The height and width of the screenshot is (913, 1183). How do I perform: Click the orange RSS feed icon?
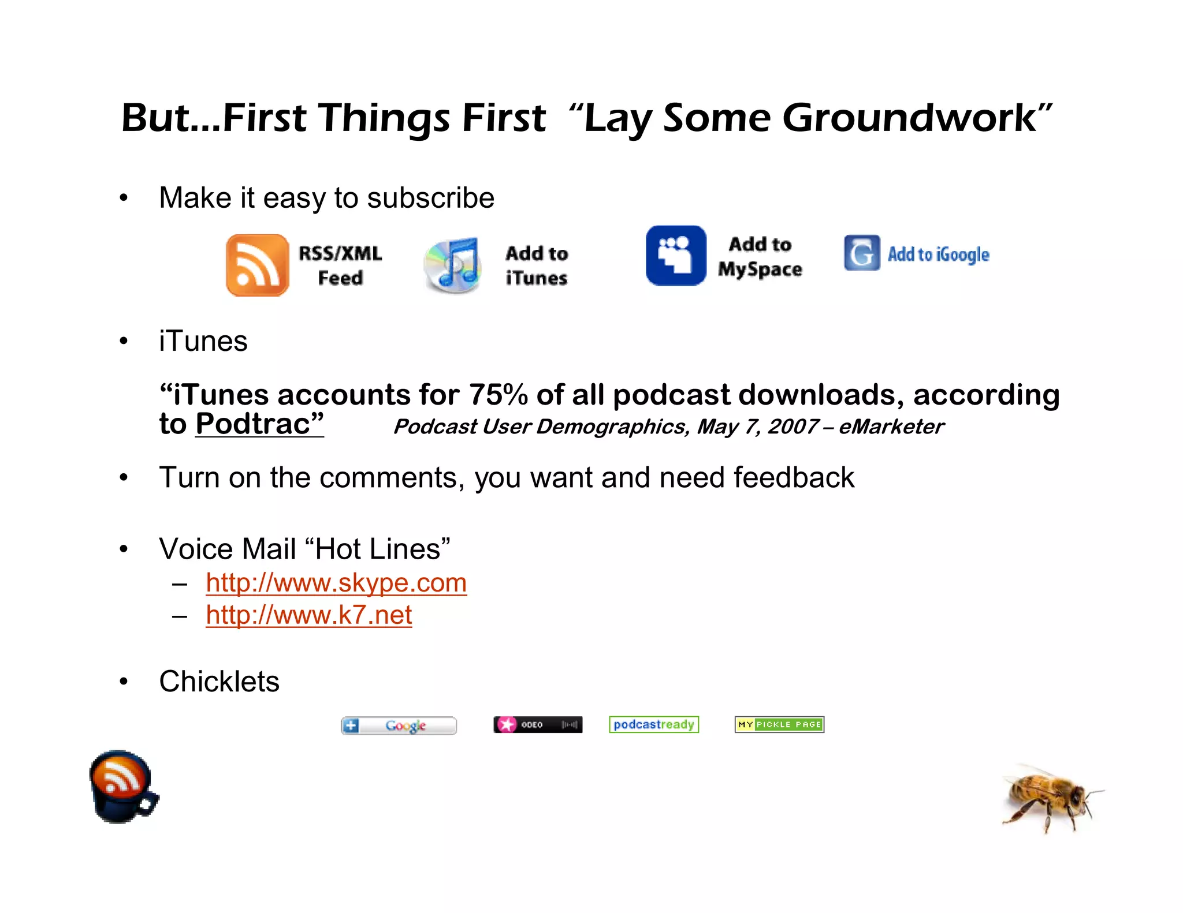coord(257,265)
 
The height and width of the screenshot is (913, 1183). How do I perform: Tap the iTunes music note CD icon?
coord(453,265)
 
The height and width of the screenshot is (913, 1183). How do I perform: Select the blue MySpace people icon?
coord(676,256)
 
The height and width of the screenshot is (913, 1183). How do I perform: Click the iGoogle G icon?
coord(861,253)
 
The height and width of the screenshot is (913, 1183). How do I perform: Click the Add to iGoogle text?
coord(938,255)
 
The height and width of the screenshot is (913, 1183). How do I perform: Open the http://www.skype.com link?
coord(336,583)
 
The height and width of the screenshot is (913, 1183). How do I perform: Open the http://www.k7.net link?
coord(308,615)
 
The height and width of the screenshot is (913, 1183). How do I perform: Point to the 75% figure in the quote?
coord(498,395)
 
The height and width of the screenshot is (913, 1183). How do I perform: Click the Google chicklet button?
coord(399,725)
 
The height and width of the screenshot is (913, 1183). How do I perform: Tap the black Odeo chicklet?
coord(538,725)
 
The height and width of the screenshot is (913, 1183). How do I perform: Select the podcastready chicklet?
coord(654,725)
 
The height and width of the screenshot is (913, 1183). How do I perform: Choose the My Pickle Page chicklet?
coord(779,725)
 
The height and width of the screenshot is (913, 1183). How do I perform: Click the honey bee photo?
coord(1050,796)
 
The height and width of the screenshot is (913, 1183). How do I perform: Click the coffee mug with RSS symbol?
coord(123,787)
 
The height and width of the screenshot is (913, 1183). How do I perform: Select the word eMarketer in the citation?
coord(891,427)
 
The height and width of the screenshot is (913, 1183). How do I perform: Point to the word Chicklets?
coord(219,682)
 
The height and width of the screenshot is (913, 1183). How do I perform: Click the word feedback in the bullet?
coord(794,478)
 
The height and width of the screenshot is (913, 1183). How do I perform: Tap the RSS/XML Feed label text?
coord(340,265)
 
